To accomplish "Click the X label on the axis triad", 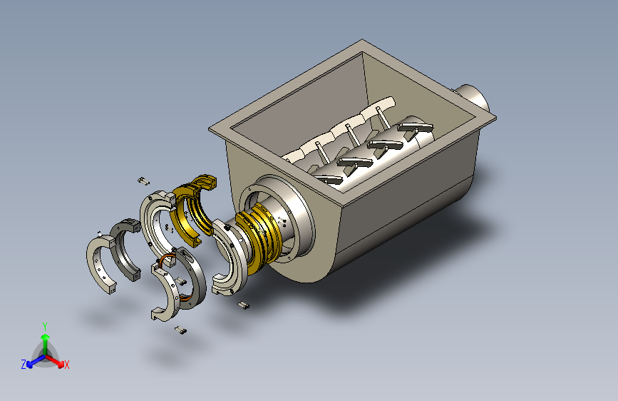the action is (x=66, y=365).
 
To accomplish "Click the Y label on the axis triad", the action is (x=45, y=327).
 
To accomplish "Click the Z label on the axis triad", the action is (x=24, y=365).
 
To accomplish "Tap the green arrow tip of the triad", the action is (x=46, y=337).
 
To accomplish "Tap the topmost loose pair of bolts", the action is (x=143, y=181).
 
